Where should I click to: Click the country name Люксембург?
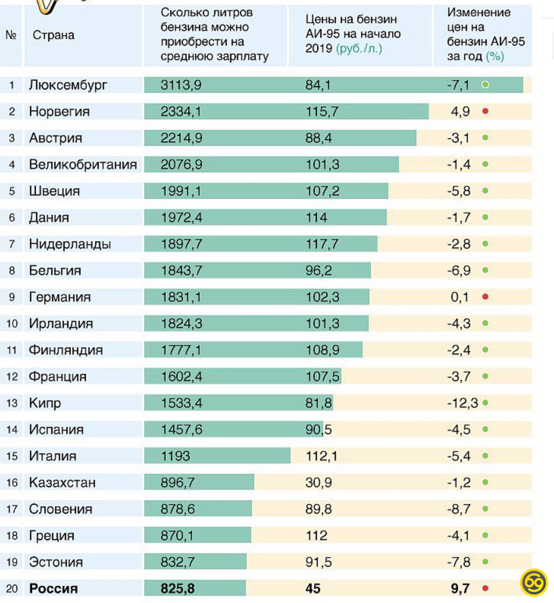pos(68,85)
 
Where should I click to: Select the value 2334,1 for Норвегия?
pos(181,112)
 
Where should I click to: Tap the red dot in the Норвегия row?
pos(485,111)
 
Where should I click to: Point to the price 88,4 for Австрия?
pos(319,138)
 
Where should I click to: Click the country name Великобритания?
pos(83,165)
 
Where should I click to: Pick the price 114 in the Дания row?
pos(316,218)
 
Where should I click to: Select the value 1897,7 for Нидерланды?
pos(181,244)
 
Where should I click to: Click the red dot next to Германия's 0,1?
pos(485,297)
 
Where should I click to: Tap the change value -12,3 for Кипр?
pos(462,403)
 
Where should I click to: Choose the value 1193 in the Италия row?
pos(175,456)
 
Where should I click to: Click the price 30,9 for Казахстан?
pos(319,482)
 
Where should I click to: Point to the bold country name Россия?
pos(53,588)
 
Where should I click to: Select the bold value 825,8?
pos(178,588)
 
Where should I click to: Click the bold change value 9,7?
pos(460,588)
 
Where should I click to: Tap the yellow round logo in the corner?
pos(534,582)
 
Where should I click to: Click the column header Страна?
pos(53,35)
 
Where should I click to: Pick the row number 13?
pos(12,403)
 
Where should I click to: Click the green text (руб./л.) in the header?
pos(359,48)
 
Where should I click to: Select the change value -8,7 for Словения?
pos(459,509)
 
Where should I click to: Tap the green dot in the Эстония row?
pos(485,562)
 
